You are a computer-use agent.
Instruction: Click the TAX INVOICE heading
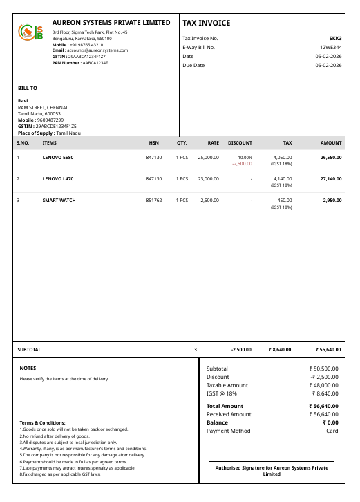coord(207,24)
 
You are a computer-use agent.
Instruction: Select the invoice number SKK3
coord(336,38)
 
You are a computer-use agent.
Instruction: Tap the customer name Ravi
coord(23,101)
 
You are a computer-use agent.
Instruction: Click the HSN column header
coord(153,143)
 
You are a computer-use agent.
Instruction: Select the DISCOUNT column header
coord(240,143)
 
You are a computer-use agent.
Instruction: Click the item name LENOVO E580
coord(58,158)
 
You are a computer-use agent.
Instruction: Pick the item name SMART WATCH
coord(59,201)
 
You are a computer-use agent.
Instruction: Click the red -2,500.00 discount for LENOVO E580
coord(243,164)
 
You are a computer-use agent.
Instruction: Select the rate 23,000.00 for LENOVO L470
coord(208,179)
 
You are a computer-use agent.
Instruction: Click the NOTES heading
coord(28,368)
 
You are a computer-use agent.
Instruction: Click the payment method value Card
coord(332,431)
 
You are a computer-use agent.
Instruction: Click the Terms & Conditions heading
coord(42,422)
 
